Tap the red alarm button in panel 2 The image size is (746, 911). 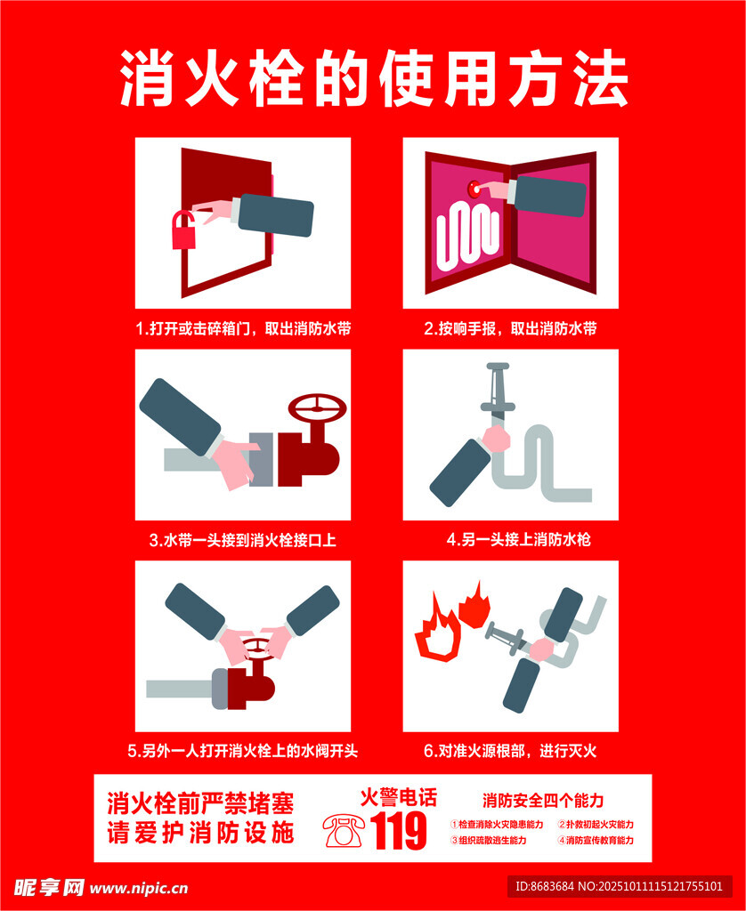point(474,189)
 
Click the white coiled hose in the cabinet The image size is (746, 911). point(467,236)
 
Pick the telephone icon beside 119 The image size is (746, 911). point(344,830)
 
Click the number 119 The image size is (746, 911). point(398,831)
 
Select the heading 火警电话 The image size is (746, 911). point(398,797)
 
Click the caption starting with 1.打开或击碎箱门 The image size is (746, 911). point(243,329)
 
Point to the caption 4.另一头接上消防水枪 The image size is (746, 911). point(518,540)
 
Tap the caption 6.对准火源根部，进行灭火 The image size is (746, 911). point(510,751)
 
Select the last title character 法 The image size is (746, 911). point(601,78)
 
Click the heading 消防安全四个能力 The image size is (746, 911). point(543,801)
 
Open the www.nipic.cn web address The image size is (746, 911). point(139,889)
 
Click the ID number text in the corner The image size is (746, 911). point(620,887)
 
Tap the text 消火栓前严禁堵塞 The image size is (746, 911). point(200,803)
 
